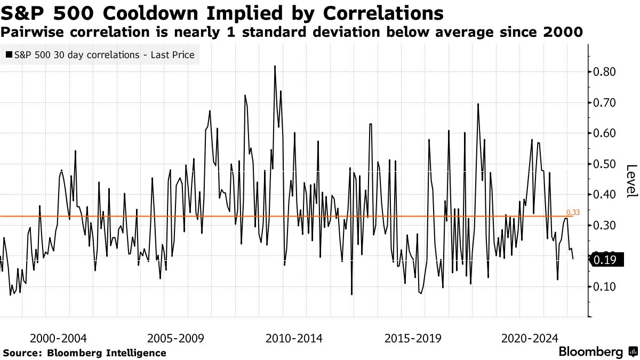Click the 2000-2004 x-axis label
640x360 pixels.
(59, 338)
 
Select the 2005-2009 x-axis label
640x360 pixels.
(176, 338)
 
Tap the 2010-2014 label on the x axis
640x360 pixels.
(294, 338)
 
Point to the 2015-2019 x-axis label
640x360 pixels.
(412, 338)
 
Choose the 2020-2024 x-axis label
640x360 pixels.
(530, 338)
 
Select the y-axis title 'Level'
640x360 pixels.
(631, 180)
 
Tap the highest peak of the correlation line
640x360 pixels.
(275, 67)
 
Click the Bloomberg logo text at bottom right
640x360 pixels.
(590, 352)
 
